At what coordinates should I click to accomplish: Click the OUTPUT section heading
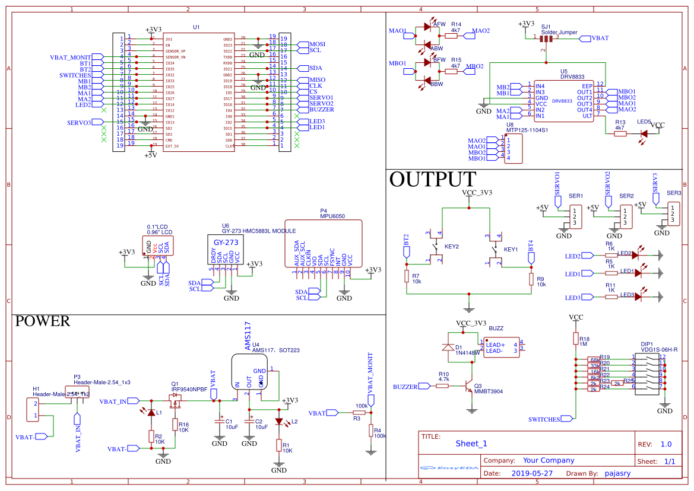(432, 179)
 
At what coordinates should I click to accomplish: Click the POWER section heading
(42, 321)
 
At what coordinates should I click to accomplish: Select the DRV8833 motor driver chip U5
(562, 98)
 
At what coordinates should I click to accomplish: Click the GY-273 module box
(226, 250)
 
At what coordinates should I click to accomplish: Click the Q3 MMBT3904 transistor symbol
(470, 386)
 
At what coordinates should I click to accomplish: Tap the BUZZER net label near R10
(405, 387)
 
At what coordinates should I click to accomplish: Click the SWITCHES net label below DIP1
(544, 420)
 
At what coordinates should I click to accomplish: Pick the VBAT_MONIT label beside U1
(71, 58)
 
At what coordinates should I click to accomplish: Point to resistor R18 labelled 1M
(575, 339)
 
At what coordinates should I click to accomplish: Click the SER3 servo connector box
(672, 213)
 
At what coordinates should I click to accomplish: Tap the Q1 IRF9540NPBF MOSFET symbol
(175, 402)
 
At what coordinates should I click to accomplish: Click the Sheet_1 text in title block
(471, 444)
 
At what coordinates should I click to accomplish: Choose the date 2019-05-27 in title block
(531, 474)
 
